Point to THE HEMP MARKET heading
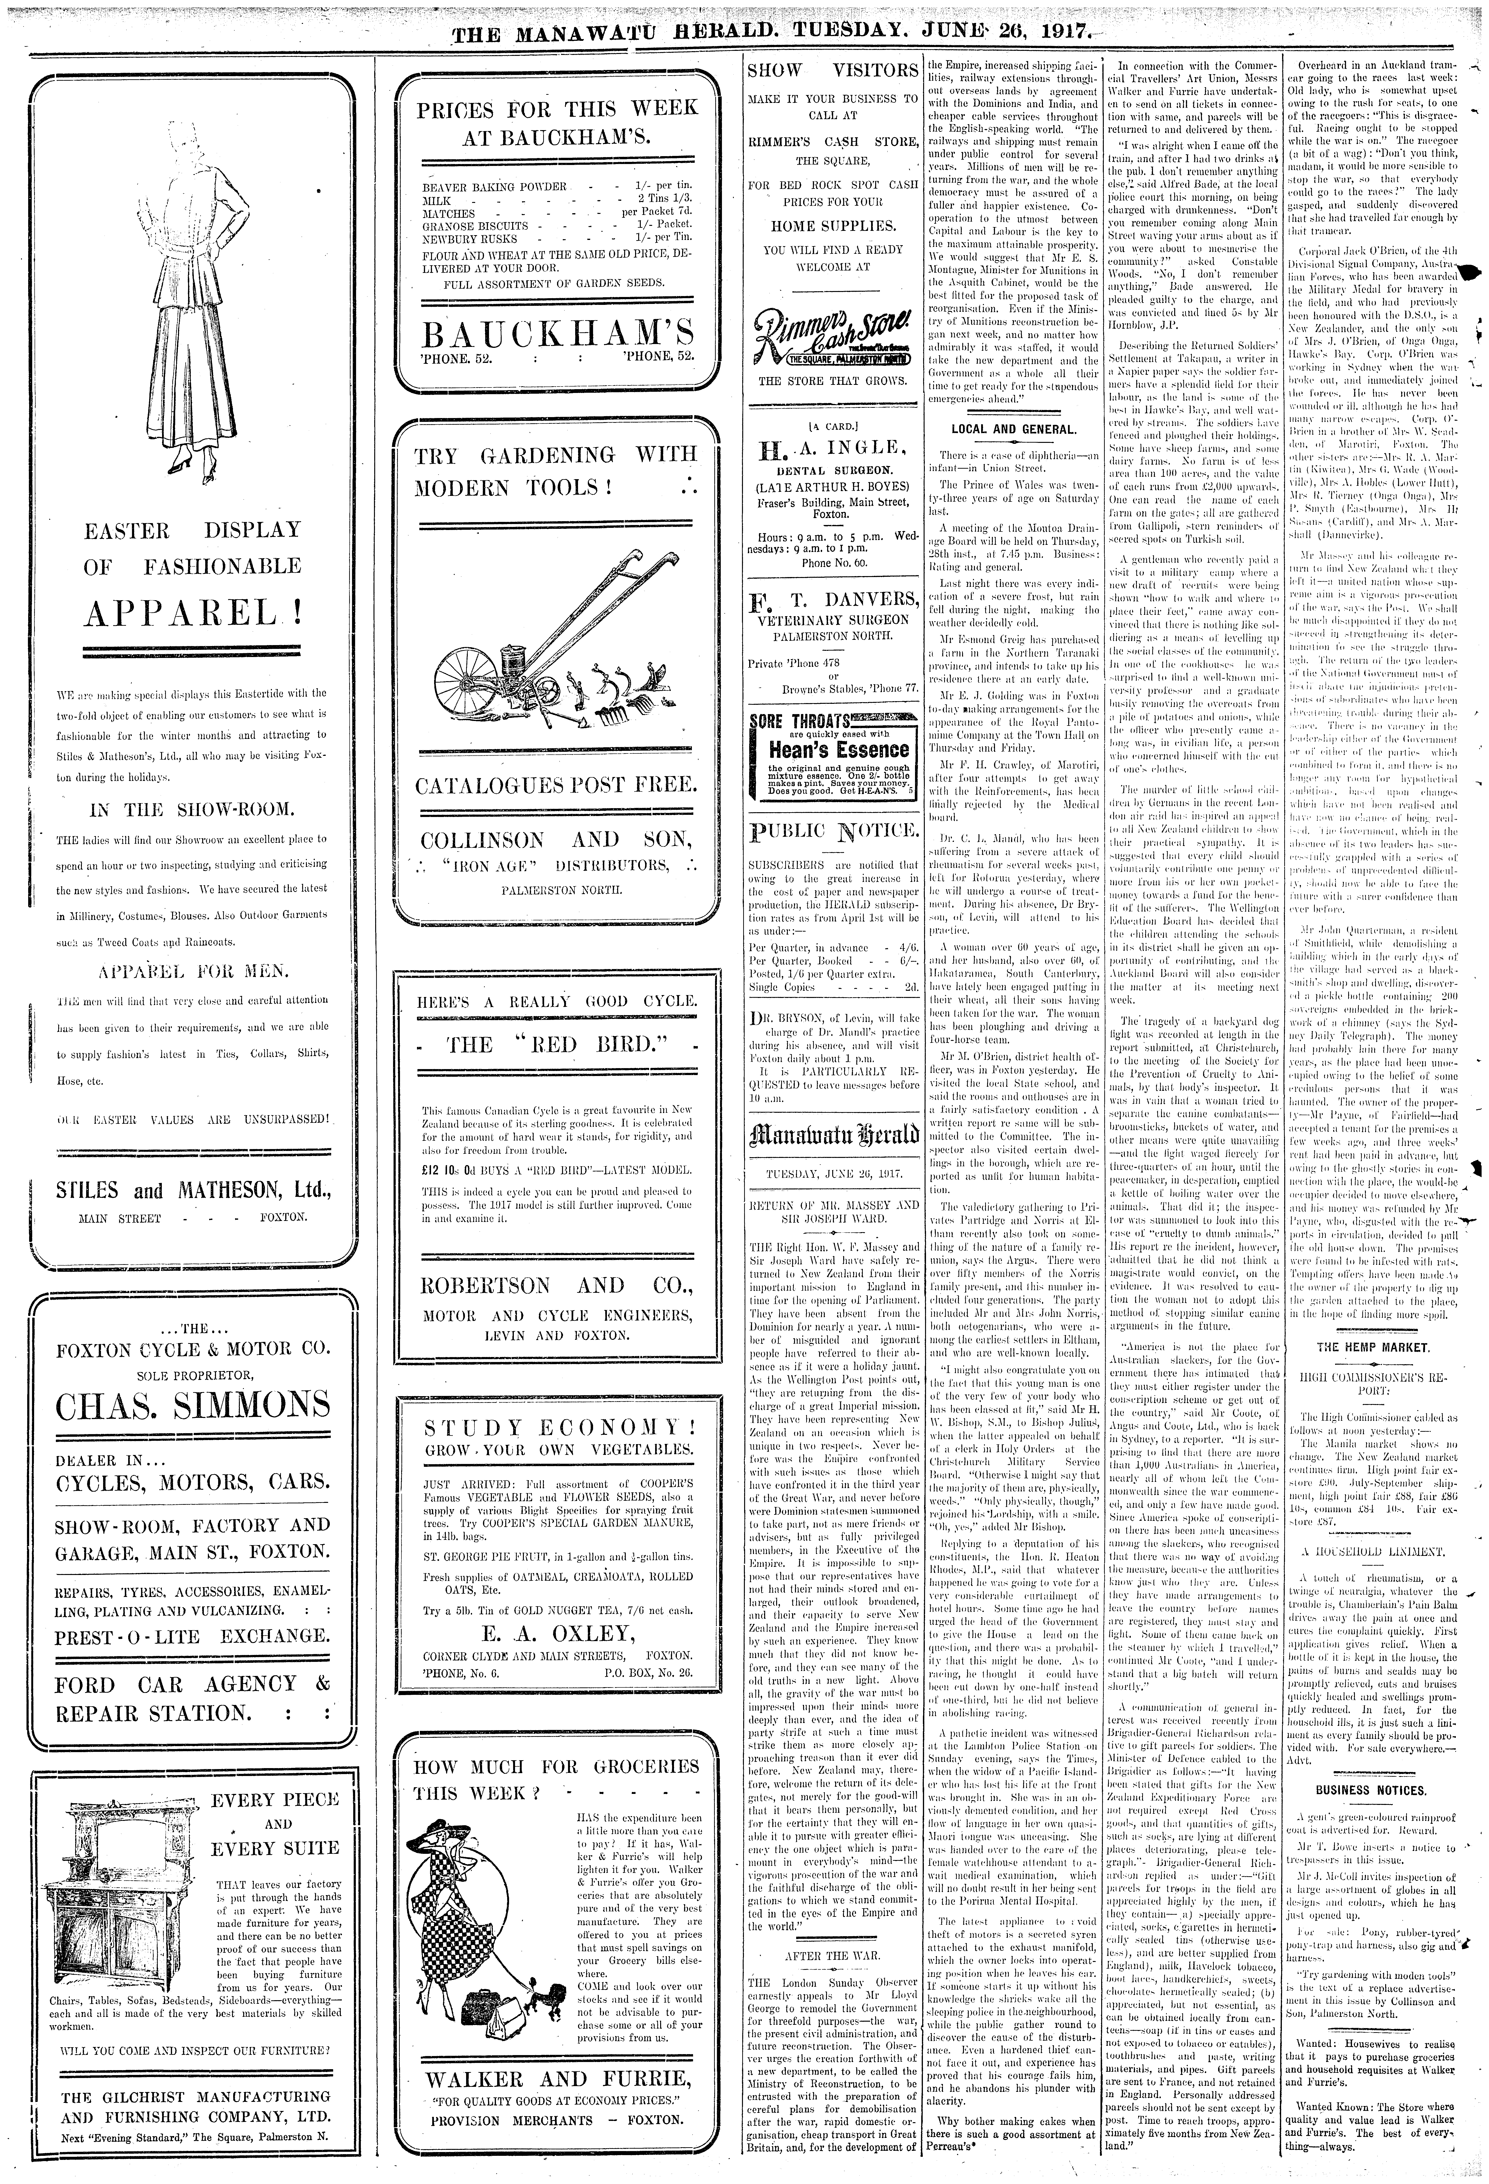coord(1377,1347)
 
